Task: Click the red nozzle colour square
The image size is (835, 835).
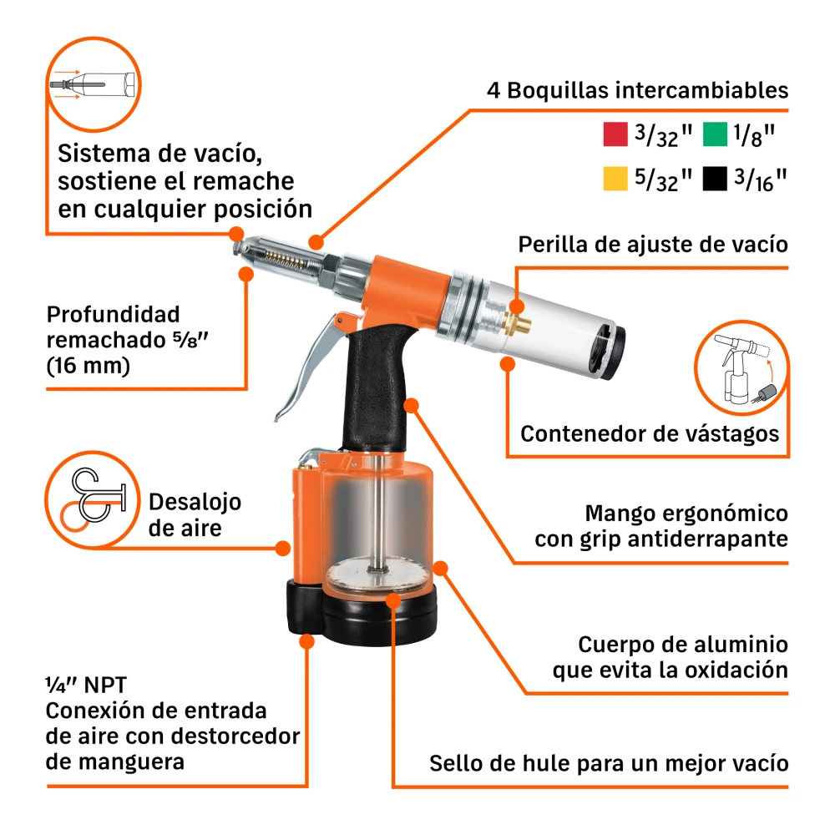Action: pos(615,134)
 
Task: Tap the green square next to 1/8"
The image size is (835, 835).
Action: pos(715,134)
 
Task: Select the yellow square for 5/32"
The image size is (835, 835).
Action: pos(615,179)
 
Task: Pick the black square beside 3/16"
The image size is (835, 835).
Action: pos(715,179)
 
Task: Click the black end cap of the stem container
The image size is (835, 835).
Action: pos(611,352)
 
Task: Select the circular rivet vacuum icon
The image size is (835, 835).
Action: pos(94,83)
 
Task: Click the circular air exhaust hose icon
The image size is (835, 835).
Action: pos(92,499)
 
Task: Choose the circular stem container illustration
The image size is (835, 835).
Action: pos(741,367)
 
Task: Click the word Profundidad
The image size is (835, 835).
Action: pos(113,315)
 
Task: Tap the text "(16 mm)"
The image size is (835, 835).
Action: pos(89,367)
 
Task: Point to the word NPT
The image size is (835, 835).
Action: pos(105,686)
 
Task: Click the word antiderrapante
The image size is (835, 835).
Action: pos(708,539)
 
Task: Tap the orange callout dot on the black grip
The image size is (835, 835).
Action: pos(411,405)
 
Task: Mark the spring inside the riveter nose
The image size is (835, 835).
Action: pos(284,260)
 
